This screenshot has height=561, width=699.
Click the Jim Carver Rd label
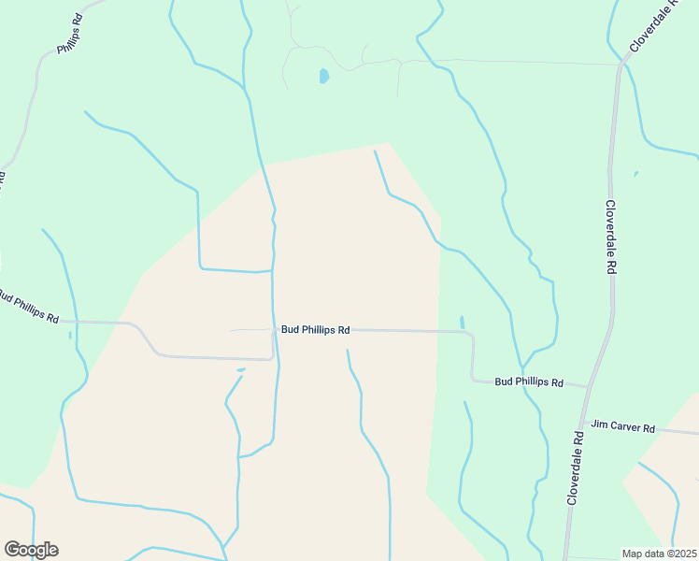623,428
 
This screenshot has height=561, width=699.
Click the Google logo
31,550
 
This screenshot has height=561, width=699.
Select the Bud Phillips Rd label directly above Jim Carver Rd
529,382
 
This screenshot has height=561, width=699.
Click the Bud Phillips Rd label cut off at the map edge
28,307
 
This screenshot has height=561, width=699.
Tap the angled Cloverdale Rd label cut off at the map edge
659,27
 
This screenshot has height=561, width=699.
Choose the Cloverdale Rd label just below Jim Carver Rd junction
574,468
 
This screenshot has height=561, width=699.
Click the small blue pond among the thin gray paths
323,76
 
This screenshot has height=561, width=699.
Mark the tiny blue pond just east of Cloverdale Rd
635,173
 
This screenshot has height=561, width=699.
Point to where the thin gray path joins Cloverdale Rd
621,65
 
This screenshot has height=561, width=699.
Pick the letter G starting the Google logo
11,549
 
